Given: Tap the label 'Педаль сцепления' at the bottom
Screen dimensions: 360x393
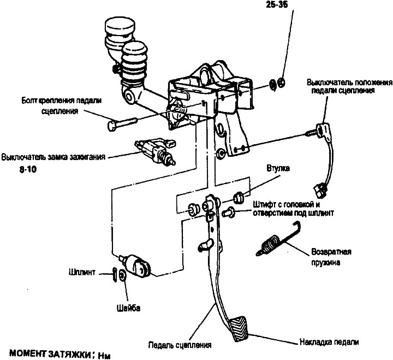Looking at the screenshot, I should [180, 345].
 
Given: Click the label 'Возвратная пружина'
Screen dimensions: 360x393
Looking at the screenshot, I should [331, 257].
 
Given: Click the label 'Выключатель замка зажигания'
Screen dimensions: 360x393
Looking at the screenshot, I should [53, 156].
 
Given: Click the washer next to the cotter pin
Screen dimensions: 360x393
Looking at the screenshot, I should [122, 275].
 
